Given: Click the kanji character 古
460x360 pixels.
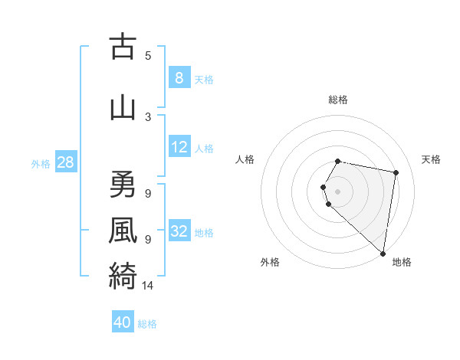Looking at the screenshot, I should [x=123, y=47].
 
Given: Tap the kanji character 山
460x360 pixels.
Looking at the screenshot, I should [x=123, y=107].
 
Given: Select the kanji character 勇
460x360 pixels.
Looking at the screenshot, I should [x=123, y=185].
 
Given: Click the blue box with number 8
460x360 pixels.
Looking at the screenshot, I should [x=179, y=78].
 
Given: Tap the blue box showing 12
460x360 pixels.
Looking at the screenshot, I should [x=179, y=147].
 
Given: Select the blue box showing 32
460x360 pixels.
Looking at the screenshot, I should [x=179, y=231].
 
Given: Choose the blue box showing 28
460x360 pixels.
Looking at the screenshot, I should [x=65, y=162].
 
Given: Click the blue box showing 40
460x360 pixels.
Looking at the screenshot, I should [x=123, y=322].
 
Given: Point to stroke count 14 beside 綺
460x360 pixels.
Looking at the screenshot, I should [x=148, y=286].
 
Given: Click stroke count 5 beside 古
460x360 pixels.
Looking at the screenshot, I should [x=148, y=56].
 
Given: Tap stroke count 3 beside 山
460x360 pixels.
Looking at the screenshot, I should [x=148, y=116].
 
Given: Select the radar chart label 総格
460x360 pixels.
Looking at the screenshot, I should [x=338, y=100].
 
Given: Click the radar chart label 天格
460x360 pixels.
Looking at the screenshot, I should [x=431, y=159].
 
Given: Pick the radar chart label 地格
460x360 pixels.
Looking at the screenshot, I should [x=402, y=263].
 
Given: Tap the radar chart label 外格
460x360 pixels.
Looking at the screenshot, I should [x=270, y=263].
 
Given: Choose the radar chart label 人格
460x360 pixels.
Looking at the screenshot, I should [x=245, y=159].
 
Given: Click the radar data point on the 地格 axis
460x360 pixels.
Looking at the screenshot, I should [x=383, y=253].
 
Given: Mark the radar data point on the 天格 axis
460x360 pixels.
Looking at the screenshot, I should [x=396, y=173].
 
